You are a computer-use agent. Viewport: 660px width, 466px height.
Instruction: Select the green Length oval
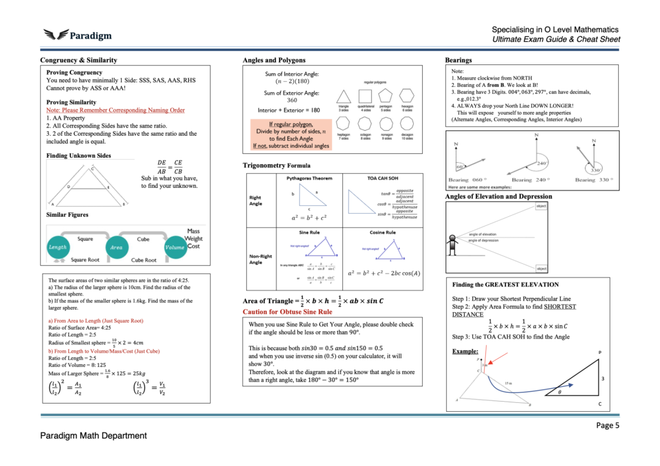(x=57, y=247)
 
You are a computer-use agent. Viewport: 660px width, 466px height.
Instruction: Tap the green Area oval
(x=116, y=247)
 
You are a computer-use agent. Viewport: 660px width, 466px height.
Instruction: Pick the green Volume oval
(x=175, y=247)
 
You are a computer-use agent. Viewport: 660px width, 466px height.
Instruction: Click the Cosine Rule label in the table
(x=383, y=232)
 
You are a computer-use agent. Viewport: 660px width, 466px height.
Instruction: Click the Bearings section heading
(x=459, y=60)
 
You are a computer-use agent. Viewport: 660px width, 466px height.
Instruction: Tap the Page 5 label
(x=608, y=425)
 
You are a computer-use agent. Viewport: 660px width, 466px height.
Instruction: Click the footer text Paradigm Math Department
(x=93, y=436)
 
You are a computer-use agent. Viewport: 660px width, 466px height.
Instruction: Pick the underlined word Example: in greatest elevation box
(x=465, y=351)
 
